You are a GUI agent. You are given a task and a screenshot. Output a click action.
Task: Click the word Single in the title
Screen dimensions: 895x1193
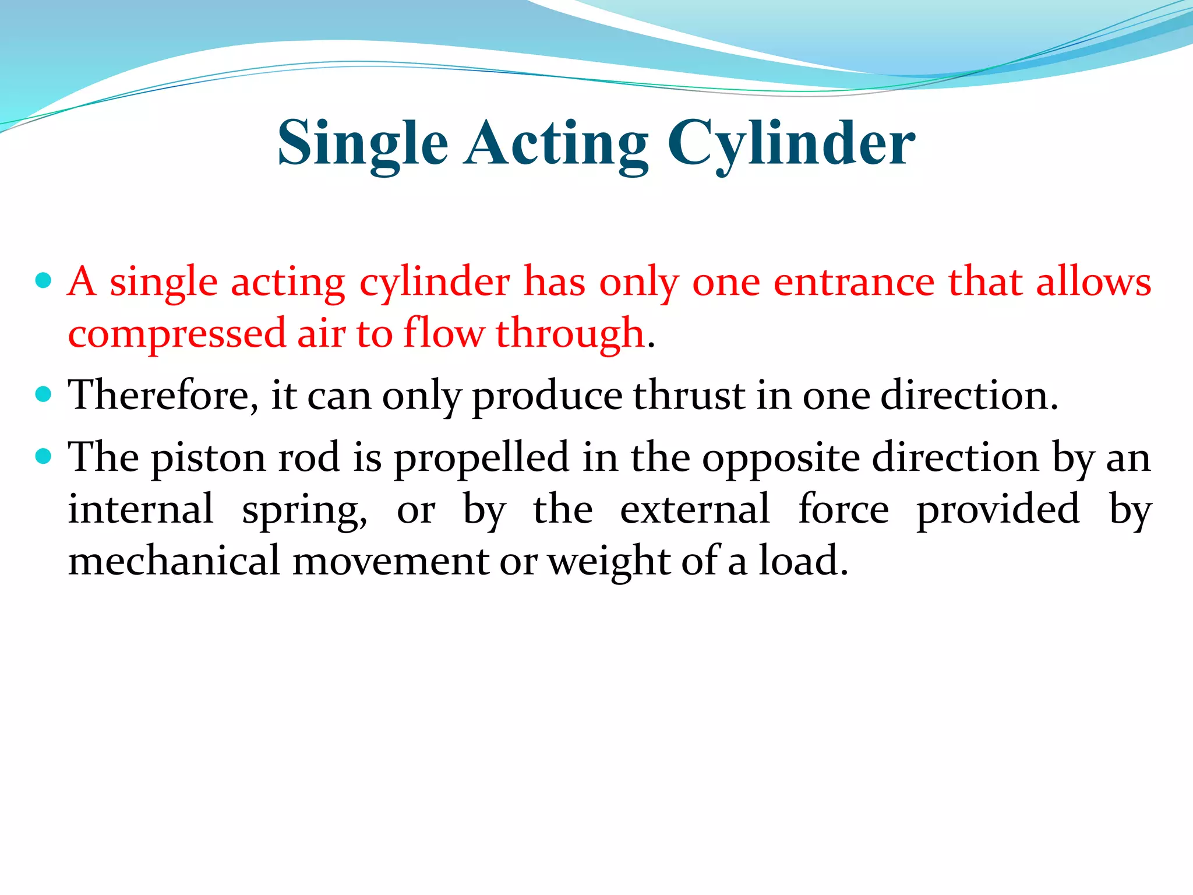pyautogui.click(x=362, y=144)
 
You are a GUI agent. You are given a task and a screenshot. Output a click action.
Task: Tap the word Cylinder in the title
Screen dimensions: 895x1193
pyautogui.click(x=791, y=144)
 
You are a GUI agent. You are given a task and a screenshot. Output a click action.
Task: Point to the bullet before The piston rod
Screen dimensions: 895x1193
pyautogui.click(x=44, y=456)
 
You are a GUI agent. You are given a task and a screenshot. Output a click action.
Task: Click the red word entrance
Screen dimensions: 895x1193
pyautogui.click(x=854, y=283)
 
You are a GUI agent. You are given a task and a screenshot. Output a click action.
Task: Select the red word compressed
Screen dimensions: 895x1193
pyautogui.click(x=177, y=334)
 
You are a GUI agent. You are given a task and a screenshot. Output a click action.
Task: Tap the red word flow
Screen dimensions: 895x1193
pyautogui.click(x=443, y=333)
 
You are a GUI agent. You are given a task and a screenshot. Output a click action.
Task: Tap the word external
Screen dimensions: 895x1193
pyautogui.click(x=694, y=509)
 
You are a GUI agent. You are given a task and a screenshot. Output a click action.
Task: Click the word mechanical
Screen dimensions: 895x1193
pyautogui.click(x=174, y=561)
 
